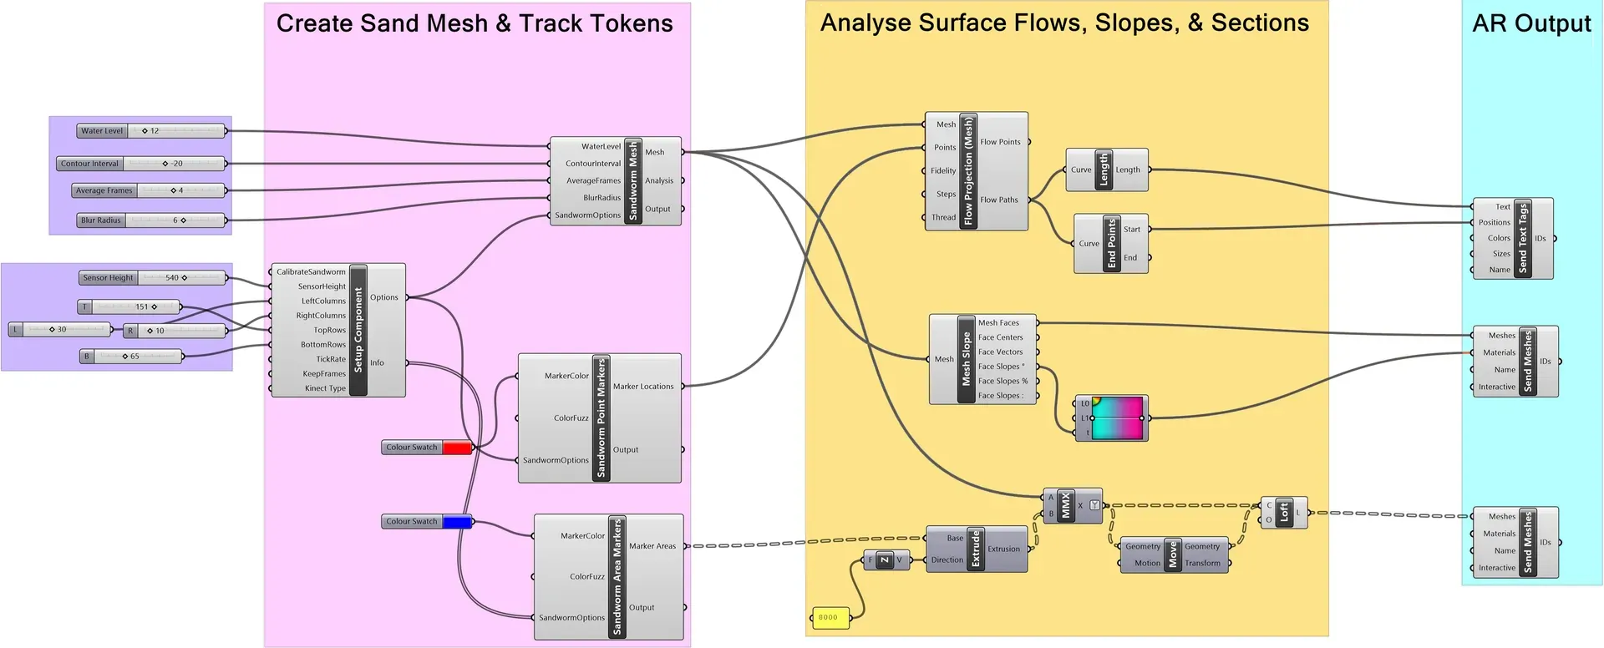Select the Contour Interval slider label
[x=90, y=164]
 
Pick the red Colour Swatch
[x=456, y=448]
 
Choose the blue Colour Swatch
[x=456, y=522]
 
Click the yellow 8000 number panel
[x=830, y=618]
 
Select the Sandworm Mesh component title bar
[x=633, y=181]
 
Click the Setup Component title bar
[x=358, y=330]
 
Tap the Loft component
[x=1285, y=512]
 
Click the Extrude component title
[x=976, y=549]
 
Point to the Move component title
[x=1173, y=554]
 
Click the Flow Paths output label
[x=999, y=200]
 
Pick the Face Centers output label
[x=1000, y=337]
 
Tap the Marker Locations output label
[x=642, y=387]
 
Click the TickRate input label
[x=331, y=359]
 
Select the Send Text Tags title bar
[x=1523, y=238]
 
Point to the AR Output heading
[x=1531, y=23]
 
